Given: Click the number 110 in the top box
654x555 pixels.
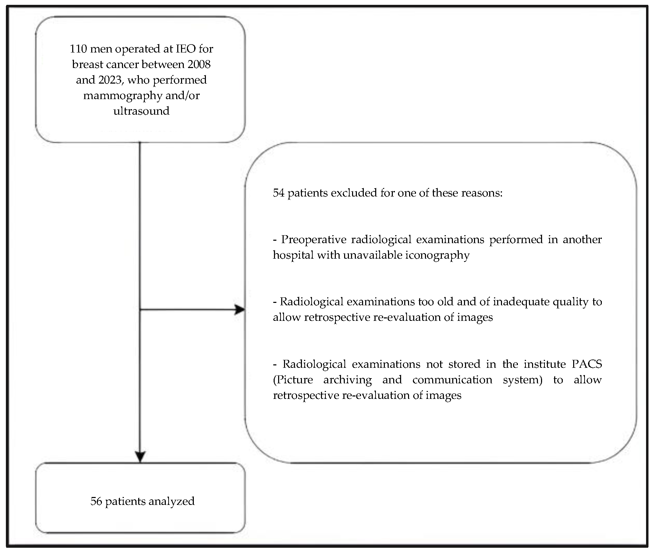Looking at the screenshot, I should pyautogui.click(x=78, y=49).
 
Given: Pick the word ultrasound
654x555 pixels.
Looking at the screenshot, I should pyautogui.click(x=141, y=111).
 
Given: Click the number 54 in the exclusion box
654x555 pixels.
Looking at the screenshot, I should pyautogui.click(x=278, y=193).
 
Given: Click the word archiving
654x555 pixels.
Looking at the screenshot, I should pyautogui.click(x=347, y=380).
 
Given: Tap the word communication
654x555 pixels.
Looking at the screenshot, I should pyautogui.click(x=452, y=380).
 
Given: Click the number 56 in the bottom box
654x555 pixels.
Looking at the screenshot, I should pyautogui.click(x=96, y=501).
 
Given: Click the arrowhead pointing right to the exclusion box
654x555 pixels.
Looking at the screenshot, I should pyautogui.click(x=240, y=310).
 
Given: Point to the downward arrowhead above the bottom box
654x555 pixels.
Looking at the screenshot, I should pyautogui.click(x=140, y=457).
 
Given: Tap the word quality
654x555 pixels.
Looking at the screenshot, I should pyautogui.click(x=570, y=302).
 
